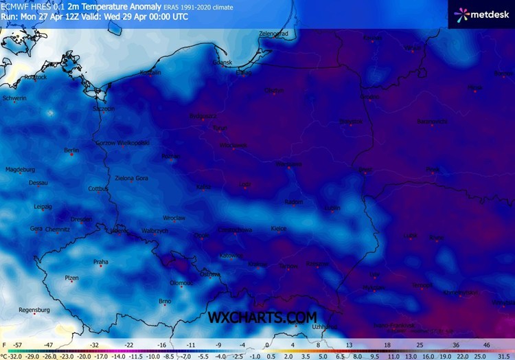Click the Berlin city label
pyautogui.click(x=71, y=150)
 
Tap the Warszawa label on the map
pyautogui.click(x=288, y=164)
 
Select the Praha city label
pyautogui.click(x=101, y=261)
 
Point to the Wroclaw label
pyautogui.click(x=174, y=218)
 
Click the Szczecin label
pyautogui.click(x=104, y=109)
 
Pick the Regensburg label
pyautogui.click(x=35, y=310)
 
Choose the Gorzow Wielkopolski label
pyautogui.click(x=124, y=142)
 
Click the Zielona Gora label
pyautogui.click(x=131, y=178)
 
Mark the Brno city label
pyautogui.click(x=165, y=301)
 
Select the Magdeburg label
pyautogui.click(x=20, y=169)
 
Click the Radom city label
pyautogui.click(x=294, y=202)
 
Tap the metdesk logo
pyautogui.click(x=481, y=13)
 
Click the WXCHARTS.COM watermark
pyautogui.click(x=262, y=317)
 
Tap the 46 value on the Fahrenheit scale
pyautogui.click(x=487, y=345)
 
